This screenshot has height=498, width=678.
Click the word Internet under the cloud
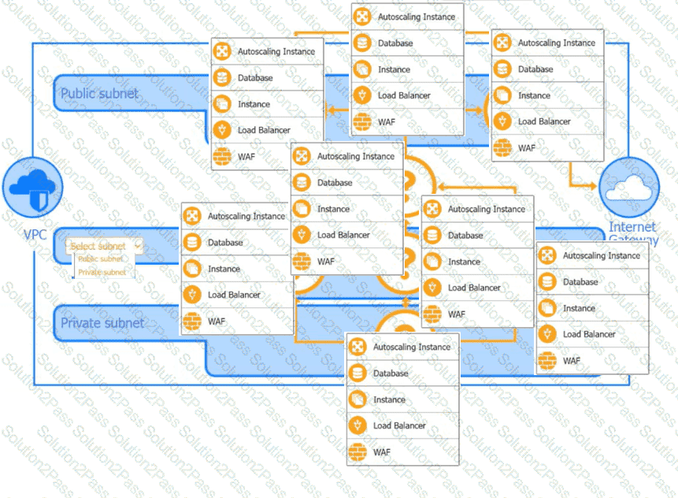(632, 227)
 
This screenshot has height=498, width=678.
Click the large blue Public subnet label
(99, 93)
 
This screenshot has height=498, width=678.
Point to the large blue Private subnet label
(102, 322)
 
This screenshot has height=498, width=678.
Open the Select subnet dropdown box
(104, 246)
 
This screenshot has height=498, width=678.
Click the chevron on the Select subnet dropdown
(137, 246)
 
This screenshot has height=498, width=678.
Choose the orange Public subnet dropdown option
(100, 258)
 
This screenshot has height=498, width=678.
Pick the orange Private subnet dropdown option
(102, 272)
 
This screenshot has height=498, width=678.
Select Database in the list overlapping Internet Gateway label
(580, 282)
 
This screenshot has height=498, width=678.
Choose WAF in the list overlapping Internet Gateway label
(572, 361)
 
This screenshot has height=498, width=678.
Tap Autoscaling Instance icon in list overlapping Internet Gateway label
(548, 255)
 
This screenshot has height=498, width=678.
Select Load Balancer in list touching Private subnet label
(234, 295)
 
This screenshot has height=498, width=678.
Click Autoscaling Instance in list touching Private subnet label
(246, 216)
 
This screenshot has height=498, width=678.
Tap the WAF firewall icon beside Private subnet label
(192, 321)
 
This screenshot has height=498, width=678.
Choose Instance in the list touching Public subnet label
(254, 104)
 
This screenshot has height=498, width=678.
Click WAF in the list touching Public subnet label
(246, 156)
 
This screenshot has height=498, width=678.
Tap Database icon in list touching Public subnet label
(222, 78)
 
